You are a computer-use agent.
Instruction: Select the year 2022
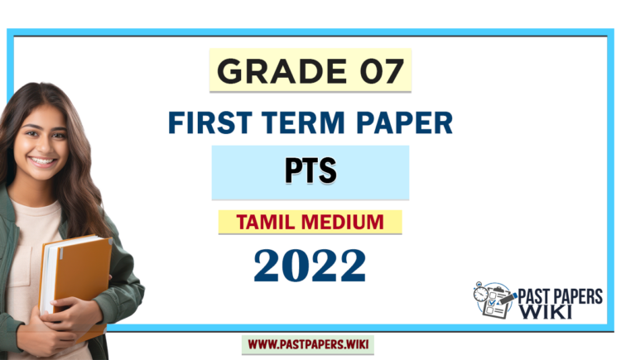(310, 266)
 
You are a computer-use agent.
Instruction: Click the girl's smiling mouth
(42, 162)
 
